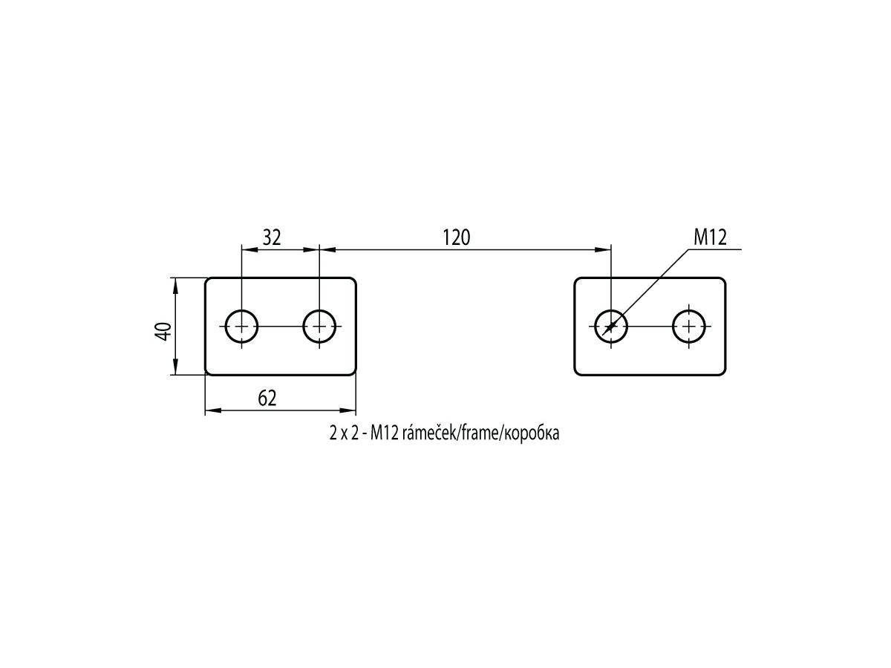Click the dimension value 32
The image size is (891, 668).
click(272, 238)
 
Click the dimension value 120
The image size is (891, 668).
click(456, 238)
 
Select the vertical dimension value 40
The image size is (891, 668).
click(163, 331)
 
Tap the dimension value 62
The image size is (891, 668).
click(267, 399)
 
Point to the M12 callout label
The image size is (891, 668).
click(710, 238)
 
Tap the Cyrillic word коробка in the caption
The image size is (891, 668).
click(531, 434)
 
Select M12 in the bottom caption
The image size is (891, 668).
click(384, 433)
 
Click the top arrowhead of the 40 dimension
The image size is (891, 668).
click(175, 286)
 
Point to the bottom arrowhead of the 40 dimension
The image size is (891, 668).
click(175, 367)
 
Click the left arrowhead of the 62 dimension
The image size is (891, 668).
click(213, 410)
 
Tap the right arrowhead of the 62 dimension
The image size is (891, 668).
click(347, 410)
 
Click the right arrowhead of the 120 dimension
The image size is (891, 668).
click(603, 249)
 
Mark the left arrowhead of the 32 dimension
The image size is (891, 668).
click(249, 249)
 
